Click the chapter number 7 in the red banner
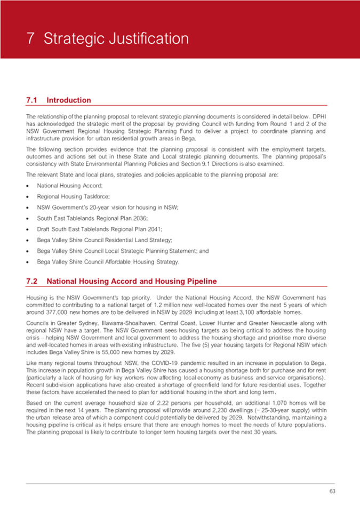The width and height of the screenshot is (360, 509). [x=31, y=39]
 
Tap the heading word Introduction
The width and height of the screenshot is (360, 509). [x=69, y=100]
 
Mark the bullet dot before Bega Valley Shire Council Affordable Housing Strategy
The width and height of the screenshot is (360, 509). [x=28, y=262]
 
